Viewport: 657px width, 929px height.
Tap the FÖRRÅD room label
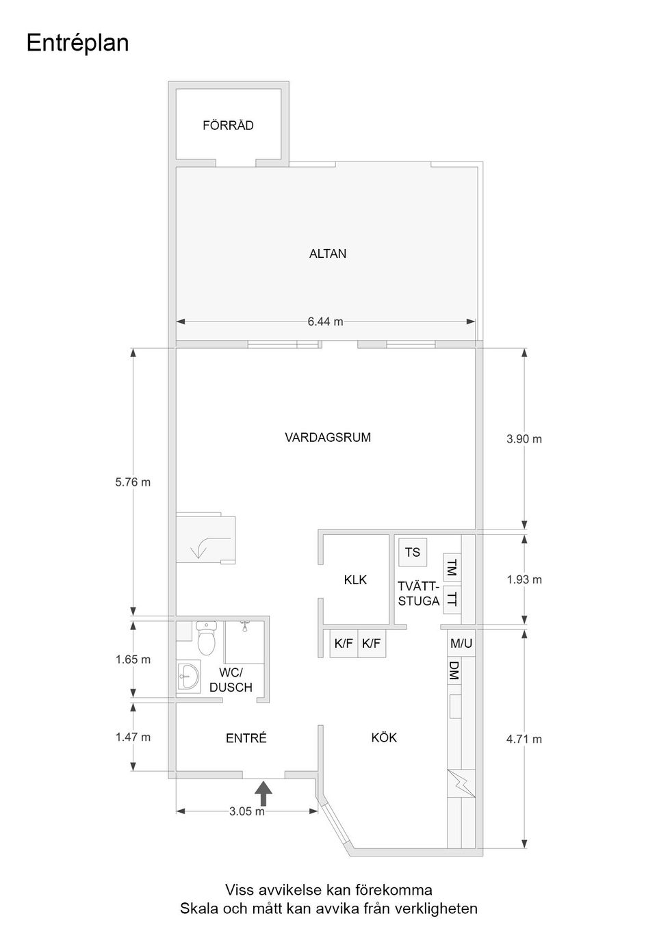[228, 125]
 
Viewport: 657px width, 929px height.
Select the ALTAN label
[328, 253]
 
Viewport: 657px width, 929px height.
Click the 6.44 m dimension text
[326, 322]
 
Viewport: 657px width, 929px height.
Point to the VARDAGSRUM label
[328, 438]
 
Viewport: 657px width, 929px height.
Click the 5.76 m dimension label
[133, 482]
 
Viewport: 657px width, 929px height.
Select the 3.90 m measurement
[524, 439]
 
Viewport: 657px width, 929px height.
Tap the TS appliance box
[413, 552]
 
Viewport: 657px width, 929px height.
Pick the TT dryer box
[452, 599]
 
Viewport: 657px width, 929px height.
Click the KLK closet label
[355, 580]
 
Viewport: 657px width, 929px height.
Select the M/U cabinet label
[461, 643]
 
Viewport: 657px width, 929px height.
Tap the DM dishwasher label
[454, 670]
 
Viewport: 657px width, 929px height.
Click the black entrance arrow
[263, 794]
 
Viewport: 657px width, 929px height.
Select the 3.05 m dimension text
[247, 811]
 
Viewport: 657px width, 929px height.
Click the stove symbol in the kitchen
[461, 783]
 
